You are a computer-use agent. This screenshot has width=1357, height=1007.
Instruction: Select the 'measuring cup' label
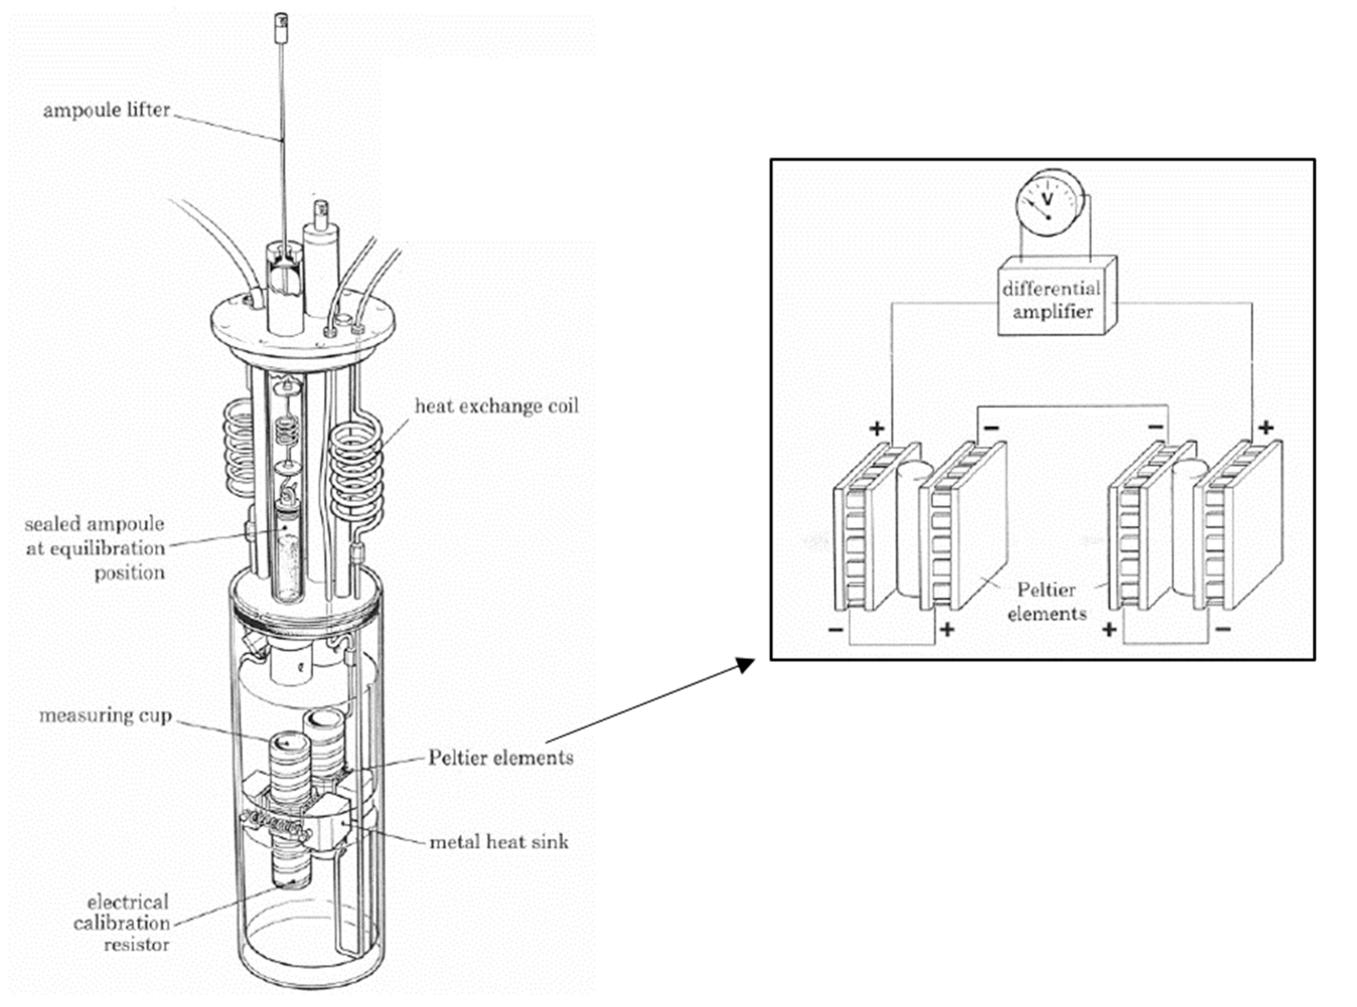click(105, 715)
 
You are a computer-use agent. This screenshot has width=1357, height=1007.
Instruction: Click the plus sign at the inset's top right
click(1266, 427)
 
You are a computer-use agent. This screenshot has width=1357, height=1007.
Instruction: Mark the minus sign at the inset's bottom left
click(836, 630)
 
